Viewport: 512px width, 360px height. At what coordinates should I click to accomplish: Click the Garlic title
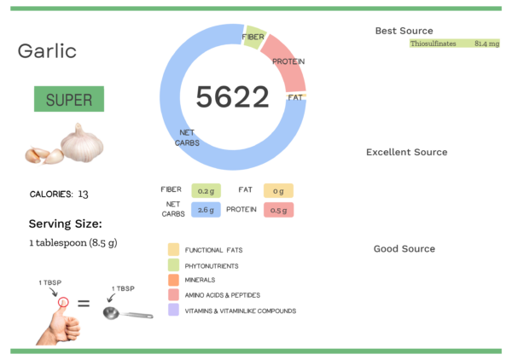pos(47,51)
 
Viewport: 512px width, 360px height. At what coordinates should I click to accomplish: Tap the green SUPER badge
pos(69,99)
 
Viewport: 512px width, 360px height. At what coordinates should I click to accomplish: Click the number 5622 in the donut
pos(232,97)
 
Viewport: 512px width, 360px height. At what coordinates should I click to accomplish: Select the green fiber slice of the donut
pos(253,38)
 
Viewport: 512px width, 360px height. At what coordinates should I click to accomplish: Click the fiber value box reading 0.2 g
pos(206,190)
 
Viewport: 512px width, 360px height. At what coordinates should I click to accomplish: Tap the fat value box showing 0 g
pos(279,190)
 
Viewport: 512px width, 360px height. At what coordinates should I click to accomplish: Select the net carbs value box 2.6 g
pos(206,210)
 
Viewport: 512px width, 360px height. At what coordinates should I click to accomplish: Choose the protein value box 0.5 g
pos(279,210)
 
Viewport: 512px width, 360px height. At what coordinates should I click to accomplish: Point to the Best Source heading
pos(404,31)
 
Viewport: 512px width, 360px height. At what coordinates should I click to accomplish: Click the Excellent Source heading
pos(406,153)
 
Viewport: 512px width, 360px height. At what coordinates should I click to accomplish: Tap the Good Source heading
pos(404,249)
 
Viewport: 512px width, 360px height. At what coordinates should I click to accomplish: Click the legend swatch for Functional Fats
pos(173,249)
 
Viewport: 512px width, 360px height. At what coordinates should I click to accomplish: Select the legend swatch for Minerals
pos(173,280)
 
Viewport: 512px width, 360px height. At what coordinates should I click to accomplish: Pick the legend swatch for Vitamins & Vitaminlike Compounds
pos(173,311)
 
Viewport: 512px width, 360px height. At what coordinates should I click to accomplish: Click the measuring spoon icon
pos(125,313)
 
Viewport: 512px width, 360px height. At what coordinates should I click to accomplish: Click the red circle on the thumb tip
pos(62,302)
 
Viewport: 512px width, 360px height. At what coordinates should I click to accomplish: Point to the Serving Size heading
pos(65,224)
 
